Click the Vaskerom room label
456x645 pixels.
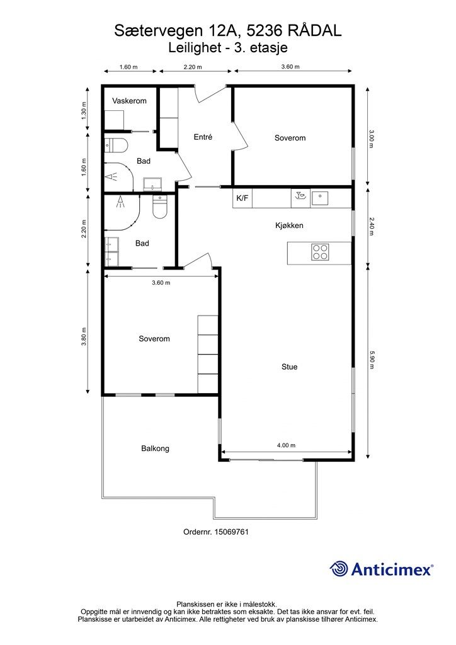129,101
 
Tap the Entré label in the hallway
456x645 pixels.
203,137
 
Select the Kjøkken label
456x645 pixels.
289,225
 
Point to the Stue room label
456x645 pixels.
289,367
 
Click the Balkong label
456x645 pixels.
155,448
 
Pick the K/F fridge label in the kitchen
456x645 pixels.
242,198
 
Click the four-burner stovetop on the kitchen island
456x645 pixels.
319,252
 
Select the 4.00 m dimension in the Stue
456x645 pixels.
285,445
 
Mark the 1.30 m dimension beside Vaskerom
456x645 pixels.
84,111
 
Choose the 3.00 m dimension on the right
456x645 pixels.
371,138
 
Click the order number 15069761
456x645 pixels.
216,532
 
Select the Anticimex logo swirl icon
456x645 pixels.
339,569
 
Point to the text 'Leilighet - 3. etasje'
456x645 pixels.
228,47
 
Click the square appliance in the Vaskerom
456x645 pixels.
114,119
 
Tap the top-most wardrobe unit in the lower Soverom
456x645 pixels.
207,325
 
